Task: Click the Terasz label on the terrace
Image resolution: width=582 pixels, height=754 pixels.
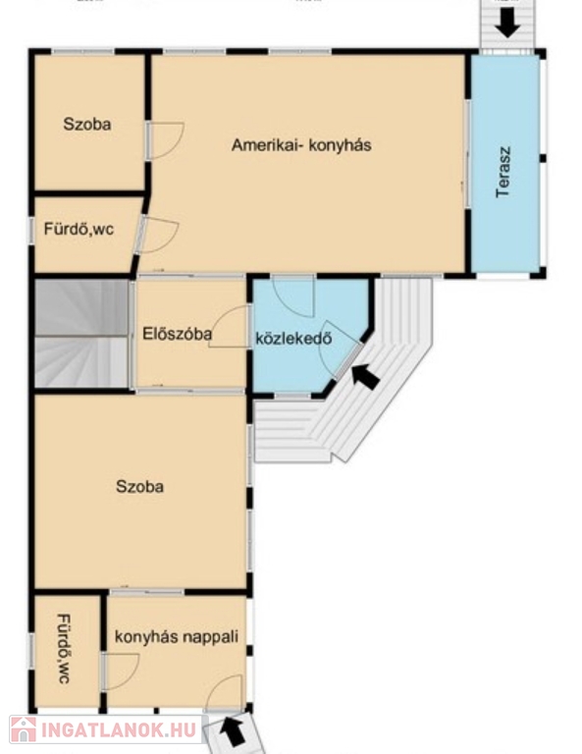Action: (503, 172)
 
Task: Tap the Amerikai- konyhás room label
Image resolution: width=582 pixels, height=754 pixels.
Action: (301, 144)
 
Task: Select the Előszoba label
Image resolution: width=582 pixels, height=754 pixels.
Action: (177, 334)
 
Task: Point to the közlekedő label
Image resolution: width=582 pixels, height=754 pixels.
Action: (293, 339)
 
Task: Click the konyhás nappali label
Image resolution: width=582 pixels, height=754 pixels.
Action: (177, 636)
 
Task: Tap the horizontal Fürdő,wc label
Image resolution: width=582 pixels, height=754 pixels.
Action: (79, 229)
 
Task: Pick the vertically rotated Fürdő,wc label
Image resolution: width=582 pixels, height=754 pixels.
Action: (64, 648)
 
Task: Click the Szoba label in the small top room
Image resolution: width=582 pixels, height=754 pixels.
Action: (87, 124)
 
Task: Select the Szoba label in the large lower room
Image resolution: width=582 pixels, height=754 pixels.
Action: (139, 486)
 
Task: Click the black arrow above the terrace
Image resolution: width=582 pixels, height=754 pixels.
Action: (507, 24)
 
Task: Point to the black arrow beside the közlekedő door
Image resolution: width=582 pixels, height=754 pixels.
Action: (365, 376)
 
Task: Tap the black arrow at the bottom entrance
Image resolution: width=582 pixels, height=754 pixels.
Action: (233, 730)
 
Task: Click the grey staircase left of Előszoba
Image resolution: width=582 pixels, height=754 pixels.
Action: (81, 334)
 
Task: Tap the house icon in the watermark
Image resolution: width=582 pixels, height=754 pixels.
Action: (24, 729)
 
